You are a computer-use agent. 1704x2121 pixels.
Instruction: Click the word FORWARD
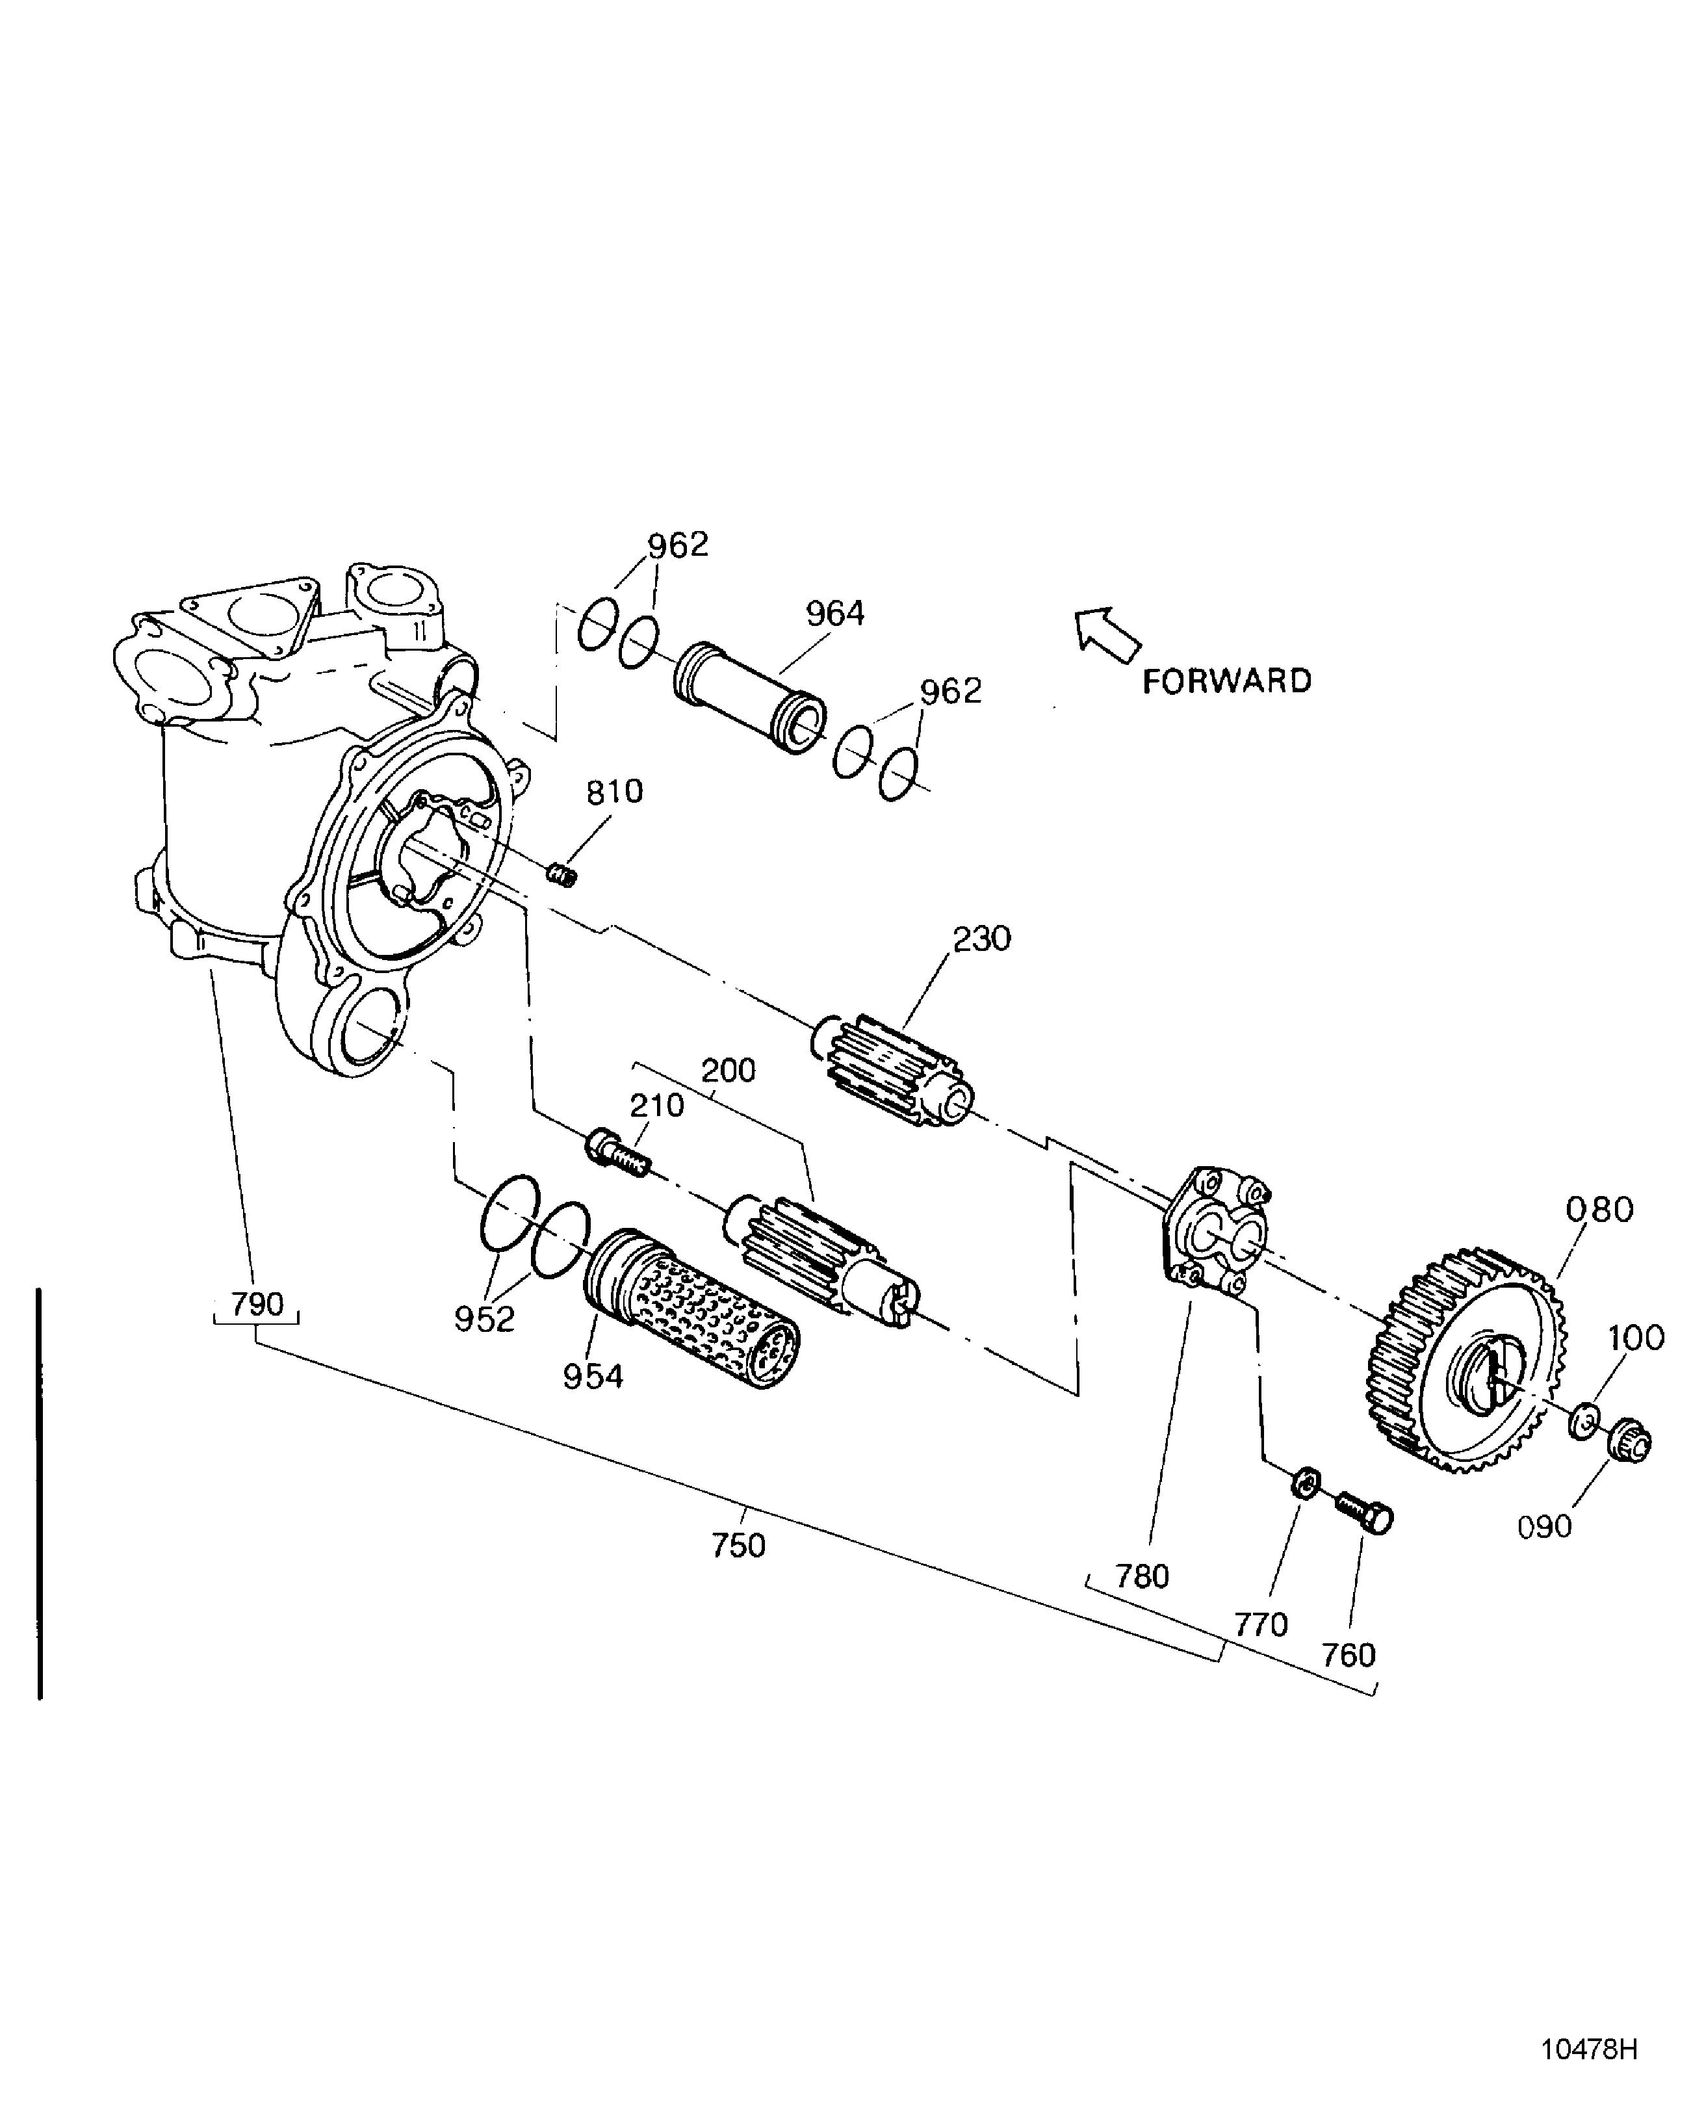pyautogui.click(x=1227, y=682)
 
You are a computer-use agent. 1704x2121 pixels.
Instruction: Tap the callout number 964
pyautogui.click(x=834, y=614)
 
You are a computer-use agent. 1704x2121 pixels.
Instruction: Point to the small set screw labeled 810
pyautogui.click(x=562, y=872)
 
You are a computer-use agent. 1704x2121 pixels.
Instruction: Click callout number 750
pyautogui.click(x=739, y=1546)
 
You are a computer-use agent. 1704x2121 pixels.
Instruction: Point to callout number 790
pyautogui.click(x=257, y=1305)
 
